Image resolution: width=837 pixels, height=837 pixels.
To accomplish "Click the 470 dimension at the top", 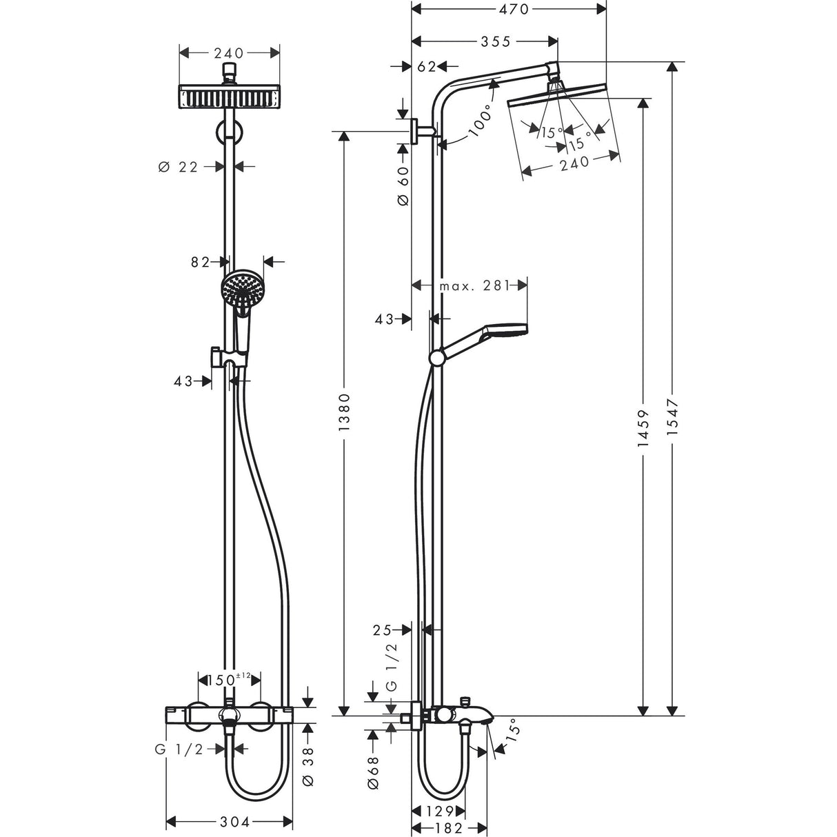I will coord(511,9).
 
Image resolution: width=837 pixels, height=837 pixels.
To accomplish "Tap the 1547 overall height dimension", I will coord(673,423).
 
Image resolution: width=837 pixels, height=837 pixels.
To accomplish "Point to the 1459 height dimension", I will coord(643,427).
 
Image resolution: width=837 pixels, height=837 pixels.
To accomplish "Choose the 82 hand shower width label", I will coord(200,261).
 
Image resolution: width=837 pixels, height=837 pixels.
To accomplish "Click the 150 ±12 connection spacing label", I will coord(229,680).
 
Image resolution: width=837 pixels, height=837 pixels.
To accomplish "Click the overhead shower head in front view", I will coord(230,97).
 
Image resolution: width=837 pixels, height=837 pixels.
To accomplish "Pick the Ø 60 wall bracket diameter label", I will coord(403,185).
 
